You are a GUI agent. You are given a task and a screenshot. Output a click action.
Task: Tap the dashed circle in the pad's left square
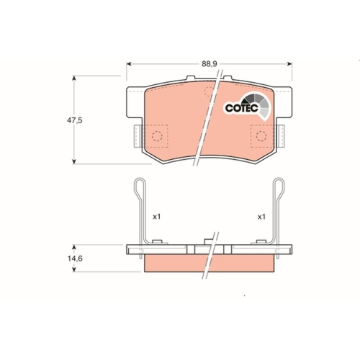click(x=156, y=135)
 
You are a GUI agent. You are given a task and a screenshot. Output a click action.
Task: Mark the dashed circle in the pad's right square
click(x=261, y=135)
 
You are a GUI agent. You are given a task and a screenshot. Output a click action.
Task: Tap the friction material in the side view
click(x=180, y=265)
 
